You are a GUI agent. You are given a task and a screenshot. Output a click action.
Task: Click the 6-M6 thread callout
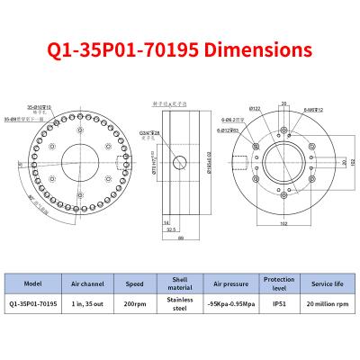point(311,109)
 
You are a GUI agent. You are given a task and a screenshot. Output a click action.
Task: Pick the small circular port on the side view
point(179,163)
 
